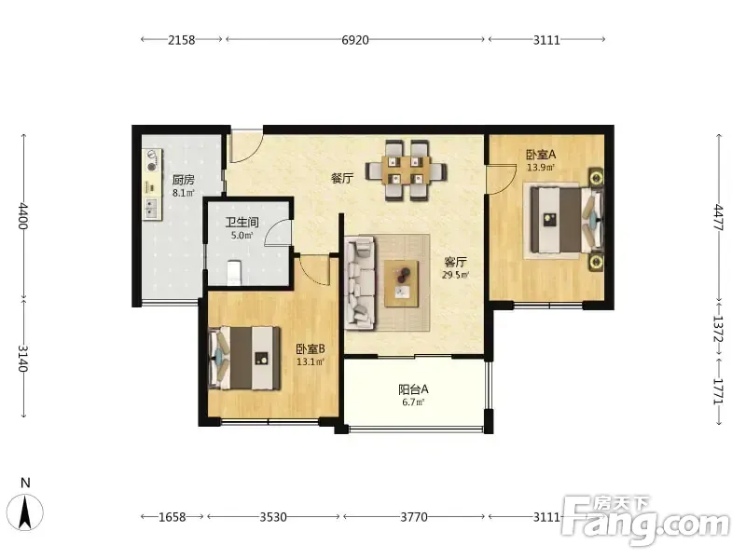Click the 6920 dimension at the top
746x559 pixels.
pyautogui.click(x=355, y=40)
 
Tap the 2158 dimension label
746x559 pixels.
pyautogui.click(x=181, y=40)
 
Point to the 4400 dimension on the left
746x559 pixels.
pyautogui.click(x=22, y=216)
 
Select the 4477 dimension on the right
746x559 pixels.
pyautogui.click(x=718, y=217)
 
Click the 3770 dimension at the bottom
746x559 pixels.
pyautogui.click(x=413, y=517)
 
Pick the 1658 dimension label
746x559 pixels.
pyautogui.click(x=172, y=517)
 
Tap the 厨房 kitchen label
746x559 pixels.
pyautogui.click(x=183, y=180)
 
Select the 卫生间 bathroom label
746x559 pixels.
pyautogui.click(x=242, y=222)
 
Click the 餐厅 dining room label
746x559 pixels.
pyautogui.click(x=342, y=179)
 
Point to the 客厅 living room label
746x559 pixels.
pyautogui.click(x=455, y=262)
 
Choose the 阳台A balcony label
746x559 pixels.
pyautogui.click(x=413, y=389)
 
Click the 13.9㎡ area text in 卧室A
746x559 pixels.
pyautogui.click(x=541, y=168)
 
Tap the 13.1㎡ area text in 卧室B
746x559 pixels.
pyautogui.click(x=311, y=361)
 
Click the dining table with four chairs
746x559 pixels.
pyautogui.click(x=407, y=170)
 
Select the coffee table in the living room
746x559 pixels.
pyautogui.click(x=402, y=283)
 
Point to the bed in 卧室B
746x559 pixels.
pyautogui.click(x=244, y=358)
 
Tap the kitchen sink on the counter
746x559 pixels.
pyautogui.click(x=151, y=208)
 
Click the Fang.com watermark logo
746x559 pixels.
pyautogui.click(x=645, y=522)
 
